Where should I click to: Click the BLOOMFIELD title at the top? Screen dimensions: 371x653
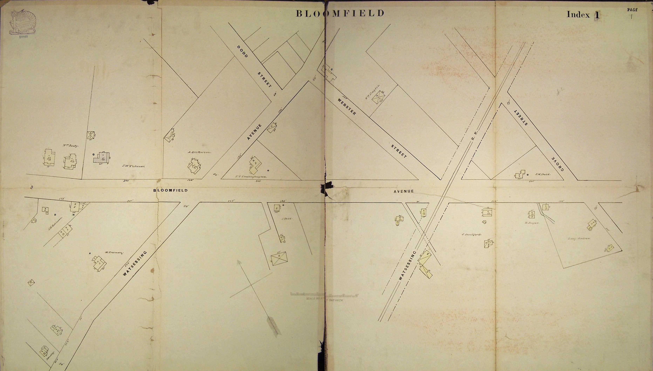[340, 13]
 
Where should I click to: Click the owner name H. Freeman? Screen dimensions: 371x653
[114, 253]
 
